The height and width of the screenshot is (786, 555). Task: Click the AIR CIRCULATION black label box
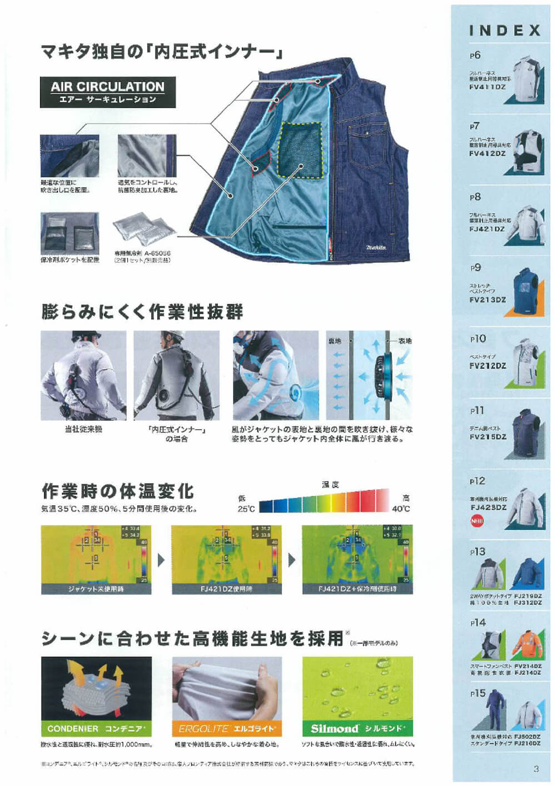point(108,92)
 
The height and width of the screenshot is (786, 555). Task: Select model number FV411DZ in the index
point(487,87)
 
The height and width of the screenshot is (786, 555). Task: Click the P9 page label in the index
point(476,268)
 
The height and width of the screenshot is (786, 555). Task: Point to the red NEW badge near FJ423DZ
point(477,521)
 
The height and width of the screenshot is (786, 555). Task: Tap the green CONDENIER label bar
point(96,728)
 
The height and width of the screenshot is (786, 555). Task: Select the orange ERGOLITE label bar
point(227,728)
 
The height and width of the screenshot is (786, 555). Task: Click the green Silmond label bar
point(357,728)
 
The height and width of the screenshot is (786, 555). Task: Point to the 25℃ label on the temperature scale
point(246,509)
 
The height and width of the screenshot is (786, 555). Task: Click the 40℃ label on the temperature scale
point(401,509)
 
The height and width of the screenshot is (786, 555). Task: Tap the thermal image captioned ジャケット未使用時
point(96,559)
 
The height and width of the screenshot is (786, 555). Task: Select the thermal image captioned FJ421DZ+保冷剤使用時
point(357,559)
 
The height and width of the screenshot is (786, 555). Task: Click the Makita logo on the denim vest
point(376,247)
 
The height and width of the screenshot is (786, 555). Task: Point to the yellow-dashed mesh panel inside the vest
point(301,150)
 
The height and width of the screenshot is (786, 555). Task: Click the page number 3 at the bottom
point(536,769)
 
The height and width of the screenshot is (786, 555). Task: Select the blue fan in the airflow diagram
point(385,375)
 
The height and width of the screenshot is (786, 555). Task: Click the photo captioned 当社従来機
point(83,375)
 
